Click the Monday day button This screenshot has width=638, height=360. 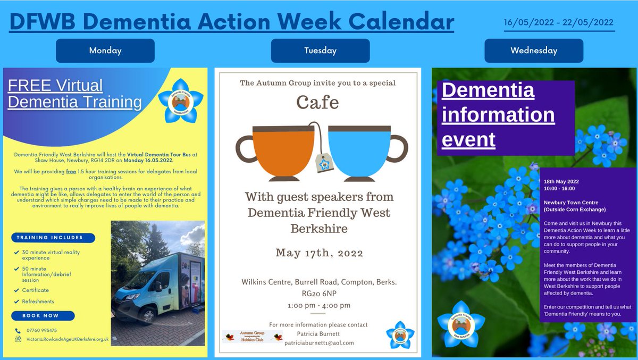tap(105, 51)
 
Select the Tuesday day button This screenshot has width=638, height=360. tap(320, 51)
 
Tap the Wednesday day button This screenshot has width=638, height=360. tap(533, 51)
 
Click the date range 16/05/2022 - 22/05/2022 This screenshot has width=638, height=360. tap(559, 23)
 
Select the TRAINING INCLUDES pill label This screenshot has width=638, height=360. tap(53, 238)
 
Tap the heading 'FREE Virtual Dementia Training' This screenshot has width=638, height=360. tap(75, 94)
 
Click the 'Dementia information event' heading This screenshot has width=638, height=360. tap(498, 115)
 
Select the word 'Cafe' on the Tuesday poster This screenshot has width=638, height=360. tap(318, 102)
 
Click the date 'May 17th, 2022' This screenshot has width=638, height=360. tap(318, 253)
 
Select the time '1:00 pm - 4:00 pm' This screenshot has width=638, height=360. tap(318, 306)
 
